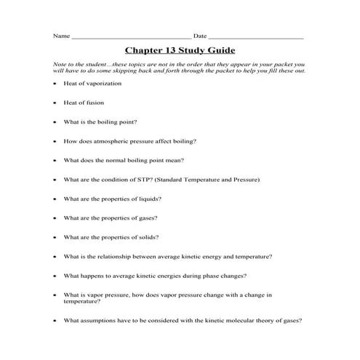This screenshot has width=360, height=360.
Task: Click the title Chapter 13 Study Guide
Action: point(180,51)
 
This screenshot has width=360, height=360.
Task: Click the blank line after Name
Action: point(131,36)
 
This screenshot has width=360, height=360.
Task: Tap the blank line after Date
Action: point(256,36)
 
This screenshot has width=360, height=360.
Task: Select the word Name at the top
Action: point(62,35)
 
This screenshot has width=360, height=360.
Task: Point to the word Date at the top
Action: point(200,35)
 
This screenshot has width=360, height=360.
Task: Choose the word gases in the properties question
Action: point(148,217)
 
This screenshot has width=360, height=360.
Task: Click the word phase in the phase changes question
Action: point(212,276)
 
